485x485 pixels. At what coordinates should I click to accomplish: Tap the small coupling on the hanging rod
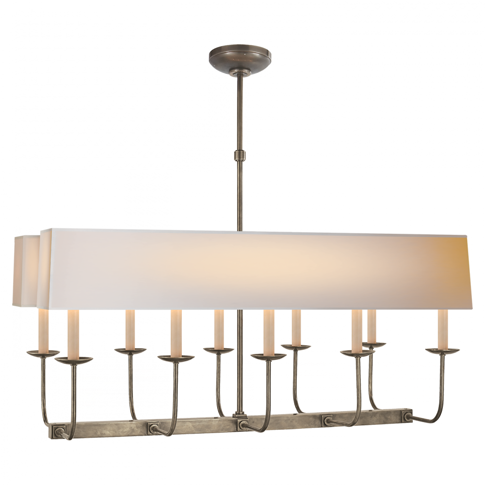click(x=240, y=155)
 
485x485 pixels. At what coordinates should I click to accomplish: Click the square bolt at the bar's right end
click(x=406, y=416)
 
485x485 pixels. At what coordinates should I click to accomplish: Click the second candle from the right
click(x=372, y=326)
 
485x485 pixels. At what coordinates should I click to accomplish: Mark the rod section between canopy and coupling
click(x=240, y=112)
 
